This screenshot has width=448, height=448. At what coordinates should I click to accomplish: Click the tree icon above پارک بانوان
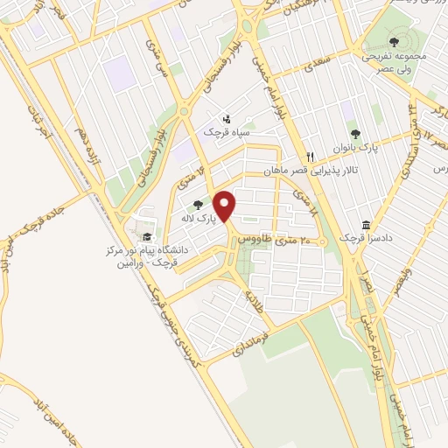tap(354, 134)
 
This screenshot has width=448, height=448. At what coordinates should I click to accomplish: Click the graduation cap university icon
tap(148, 237)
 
